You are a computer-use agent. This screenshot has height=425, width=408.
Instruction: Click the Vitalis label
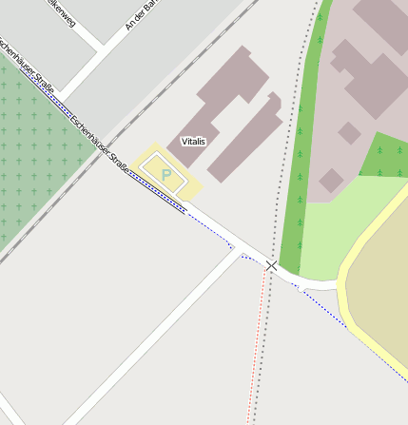194,141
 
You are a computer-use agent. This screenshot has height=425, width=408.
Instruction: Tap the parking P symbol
167,174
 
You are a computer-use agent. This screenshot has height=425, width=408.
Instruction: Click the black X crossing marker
272,265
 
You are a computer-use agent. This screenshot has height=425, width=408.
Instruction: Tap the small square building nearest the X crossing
331,180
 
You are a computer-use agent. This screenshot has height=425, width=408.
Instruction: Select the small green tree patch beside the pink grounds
385,157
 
